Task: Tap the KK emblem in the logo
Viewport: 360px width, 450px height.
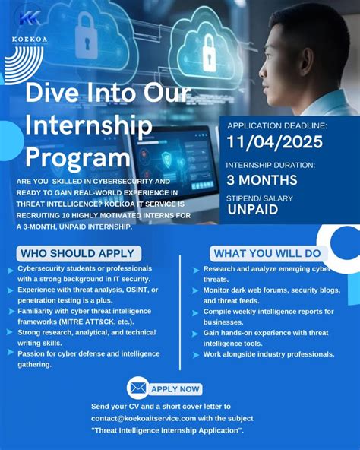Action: [x=30, y=18]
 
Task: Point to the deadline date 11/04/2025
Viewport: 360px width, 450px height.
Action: [x=274, y=142]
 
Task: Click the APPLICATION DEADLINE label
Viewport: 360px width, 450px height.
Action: [x=276, y=125]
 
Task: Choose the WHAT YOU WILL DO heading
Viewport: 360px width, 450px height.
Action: [x=266, y=253]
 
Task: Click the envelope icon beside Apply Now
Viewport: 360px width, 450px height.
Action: [x=137, y=388]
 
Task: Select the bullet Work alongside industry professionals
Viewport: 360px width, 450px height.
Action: [x=269, y=354]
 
